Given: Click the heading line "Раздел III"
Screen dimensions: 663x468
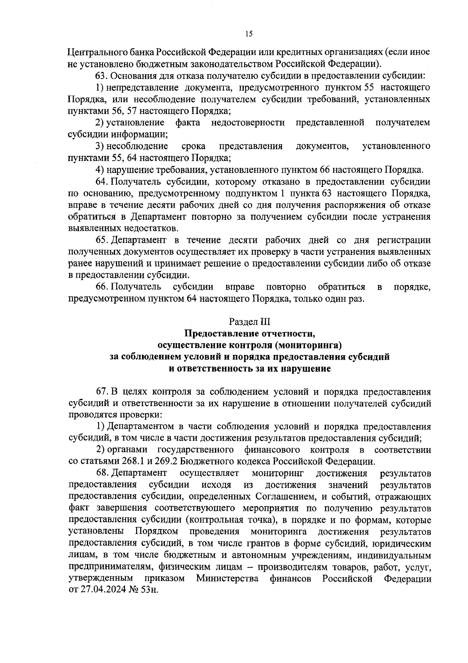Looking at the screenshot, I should (x=249, y=322).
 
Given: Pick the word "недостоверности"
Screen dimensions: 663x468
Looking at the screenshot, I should (x=248, y=123).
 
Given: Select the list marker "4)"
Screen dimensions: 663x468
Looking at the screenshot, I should (x=100, y=170).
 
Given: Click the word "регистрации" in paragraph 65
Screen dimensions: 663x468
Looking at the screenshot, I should (x=404, y=240).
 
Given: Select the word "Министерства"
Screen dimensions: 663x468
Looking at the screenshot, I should (x=227, y=578).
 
